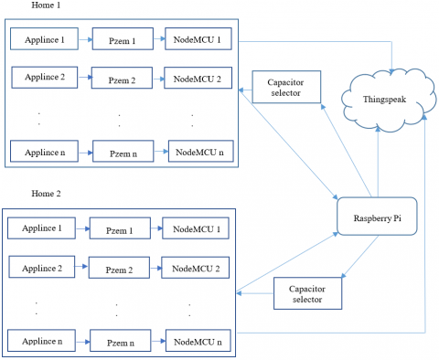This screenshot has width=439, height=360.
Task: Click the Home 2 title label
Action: [23, 195]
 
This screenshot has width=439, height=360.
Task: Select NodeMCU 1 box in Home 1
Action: [198, 40]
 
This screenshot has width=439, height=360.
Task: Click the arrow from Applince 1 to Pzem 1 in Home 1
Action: [81, 41]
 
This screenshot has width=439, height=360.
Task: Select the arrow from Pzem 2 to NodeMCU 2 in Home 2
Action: [155, 267]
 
